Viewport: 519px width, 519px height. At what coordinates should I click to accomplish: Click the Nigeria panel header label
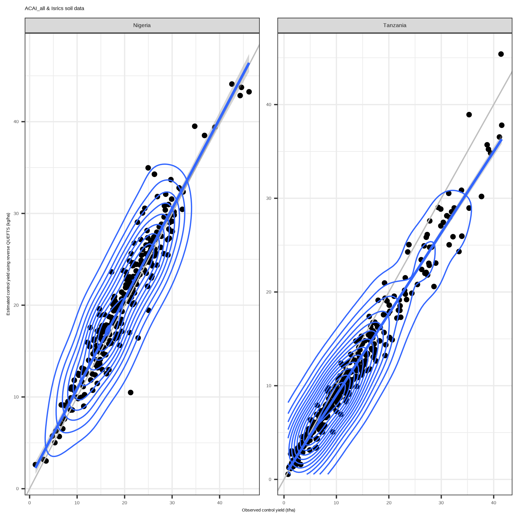(142, 25)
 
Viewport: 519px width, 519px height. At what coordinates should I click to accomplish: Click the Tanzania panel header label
(395, 25)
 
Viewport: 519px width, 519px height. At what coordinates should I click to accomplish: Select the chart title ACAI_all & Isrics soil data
(54, 9)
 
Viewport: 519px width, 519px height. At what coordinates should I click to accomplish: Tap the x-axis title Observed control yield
(268, 510)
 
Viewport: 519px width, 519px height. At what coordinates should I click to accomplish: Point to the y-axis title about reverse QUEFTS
(8, 264)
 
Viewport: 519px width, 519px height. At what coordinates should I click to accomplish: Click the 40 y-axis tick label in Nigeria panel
(16, 122)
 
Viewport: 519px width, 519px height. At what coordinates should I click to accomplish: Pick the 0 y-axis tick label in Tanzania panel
(270, 479)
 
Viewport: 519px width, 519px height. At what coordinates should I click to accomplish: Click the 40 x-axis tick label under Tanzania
(494, 503)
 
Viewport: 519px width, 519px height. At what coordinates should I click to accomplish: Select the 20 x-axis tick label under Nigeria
(125, 503)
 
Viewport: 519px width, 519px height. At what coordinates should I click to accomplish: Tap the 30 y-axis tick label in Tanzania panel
(269, 198)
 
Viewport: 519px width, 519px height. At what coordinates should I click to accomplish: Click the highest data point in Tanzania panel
(501, 54)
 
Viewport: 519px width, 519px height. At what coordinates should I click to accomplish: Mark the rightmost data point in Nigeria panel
(249, 92)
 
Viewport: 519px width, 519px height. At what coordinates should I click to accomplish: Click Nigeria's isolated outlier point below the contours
(131, 392)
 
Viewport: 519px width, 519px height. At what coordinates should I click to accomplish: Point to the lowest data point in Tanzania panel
(288, 474)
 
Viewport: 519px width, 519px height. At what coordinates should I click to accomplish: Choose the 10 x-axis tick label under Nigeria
(77, 503)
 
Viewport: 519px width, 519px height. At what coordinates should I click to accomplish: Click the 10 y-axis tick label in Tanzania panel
(269, 386)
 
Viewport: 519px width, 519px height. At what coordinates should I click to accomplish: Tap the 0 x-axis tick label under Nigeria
(29, 503)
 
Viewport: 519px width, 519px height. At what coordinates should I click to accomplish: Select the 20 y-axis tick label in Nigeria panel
(16, 305)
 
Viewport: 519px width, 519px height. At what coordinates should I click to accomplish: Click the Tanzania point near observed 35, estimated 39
(469, 115)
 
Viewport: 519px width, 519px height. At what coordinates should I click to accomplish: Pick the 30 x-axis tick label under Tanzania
(441, 503)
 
